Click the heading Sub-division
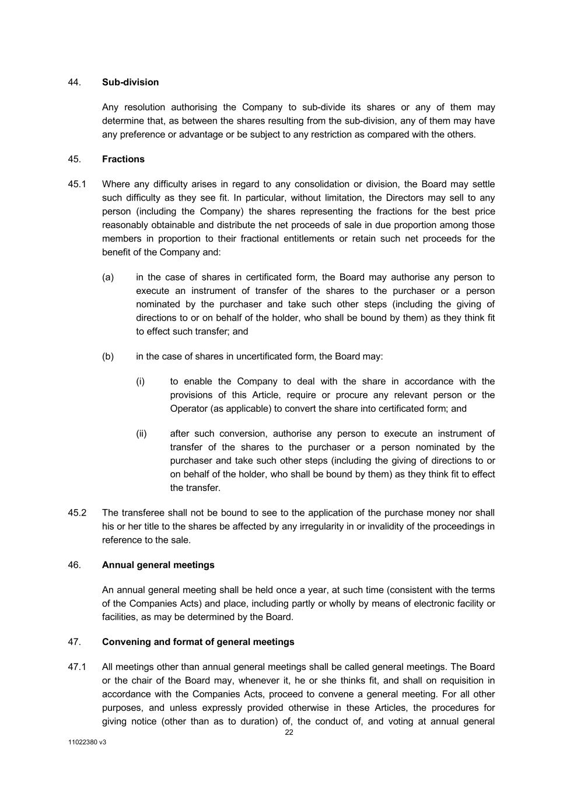point(130,82)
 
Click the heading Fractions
point(123,159)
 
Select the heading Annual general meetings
point(158,565)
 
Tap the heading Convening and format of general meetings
point(198,642)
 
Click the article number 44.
point(74,82)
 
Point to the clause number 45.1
point(77,184)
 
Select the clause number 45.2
point(77,513)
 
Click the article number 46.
point(74,565)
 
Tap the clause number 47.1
point(77,667)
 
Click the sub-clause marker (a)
point(108,278)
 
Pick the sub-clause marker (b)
point(108,356)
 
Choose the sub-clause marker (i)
point(140,381)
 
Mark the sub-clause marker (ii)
point(141,434)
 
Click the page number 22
point(289,732)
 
